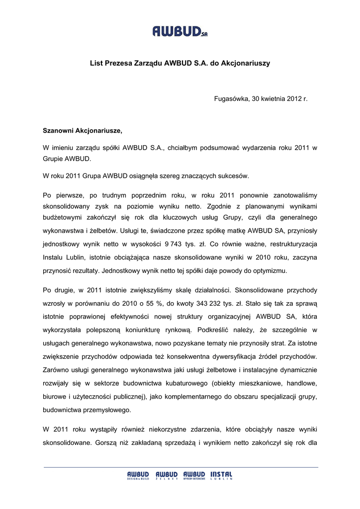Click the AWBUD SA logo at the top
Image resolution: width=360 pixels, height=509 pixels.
(180, 32)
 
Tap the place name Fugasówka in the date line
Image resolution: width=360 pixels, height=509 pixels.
(231, 98)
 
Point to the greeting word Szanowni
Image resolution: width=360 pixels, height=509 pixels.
(58, 131)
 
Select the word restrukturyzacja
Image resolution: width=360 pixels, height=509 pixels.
(290, 245)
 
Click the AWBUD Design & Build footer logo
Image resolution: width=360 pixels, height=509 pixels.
(138, 476)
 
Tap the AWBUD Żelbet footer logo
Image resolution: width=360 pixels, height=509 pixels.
(166, 476)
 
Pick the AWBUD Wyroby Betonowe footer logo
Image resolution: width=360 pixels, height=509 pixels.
(194, 476)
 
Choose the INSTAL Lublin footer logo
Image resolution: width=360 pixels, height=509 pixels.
(221, 476)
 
